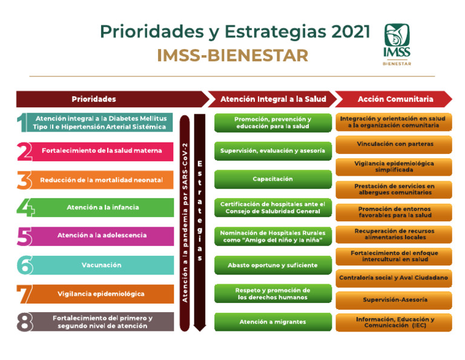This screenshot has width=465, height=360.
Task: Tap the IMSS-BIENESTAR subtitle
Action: [232, 56]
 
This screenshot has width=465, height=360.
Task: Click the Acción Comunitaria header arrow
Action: [394, 99]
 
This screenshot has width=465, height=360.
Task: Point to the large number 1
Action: [22, 122]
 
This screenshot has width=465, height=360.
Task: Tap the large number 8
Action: [24, 322]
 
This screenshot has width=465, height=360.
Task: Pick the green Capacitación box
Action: [272, 179]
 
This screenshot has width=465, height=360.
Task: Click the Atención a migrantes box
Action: [272, 322]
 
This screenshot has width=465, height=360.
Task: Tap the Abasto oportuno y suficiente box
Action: [272, 265]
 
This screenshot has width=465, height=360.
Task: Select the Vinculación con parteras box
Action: [394, 144]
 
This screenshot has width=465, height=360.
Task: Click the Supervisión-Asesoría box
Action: [394, 300]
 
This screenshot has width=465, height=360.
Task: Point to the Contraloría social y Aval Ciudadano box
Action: [394, 278]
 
